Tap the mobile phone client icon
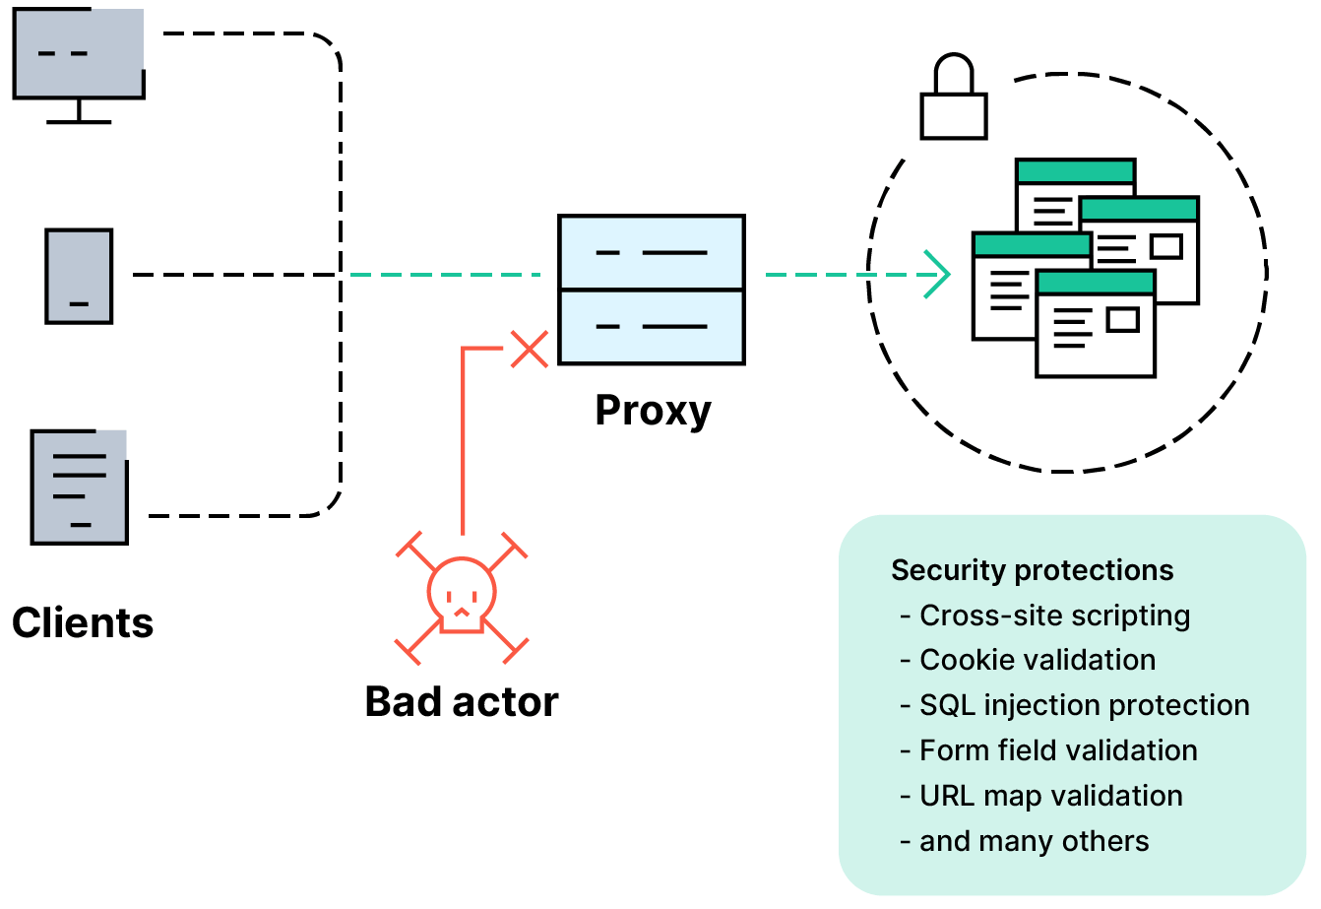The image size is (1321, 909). [79, 276]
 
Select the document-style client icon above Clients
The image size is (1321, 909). [79, 487]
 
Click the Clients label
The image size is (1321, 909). [83, 622]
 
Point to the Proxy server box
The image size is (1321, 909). [652, 290]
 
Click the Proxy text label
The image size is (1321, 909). [653, 410]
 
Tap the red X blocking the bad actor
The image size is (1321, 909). [530, 349]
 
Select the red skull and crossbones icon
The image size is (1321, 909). [462, 597]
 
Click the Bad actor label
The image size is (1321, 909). [461, 702]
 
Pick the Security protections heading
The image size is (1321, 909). [1032, 570]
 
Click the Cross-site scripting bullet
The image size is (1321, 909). [1054, 616]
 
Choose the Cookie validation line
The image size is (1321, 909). [1038, 660]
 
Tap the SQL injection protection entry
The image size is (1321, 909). [1084, 705]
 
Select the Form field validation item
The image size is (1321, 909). [1058, 750]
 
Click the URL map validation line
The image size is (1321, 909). [1050, 796]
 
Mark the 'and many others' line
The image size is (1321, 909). [1034, 841]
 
